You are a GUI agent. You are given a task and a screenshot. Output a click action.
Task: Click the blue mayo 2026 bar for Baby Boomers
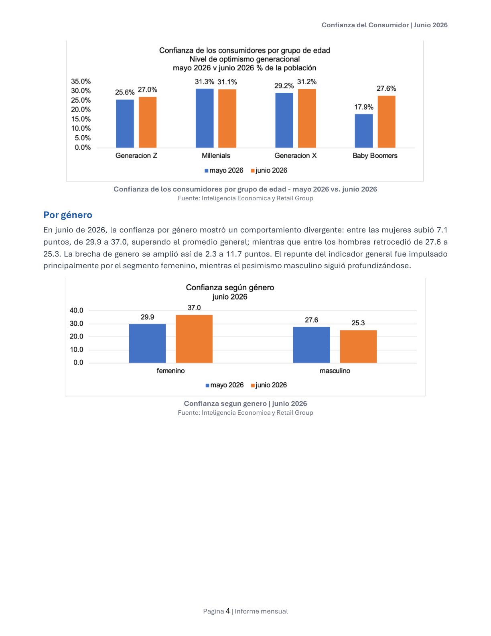coord(363,131)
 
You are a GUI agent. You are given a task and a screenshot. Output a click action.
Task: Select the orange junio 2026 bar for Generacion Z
coord(147,122)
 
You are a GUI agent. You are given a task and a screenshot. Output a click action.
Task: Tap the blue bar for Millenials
coord(205,118)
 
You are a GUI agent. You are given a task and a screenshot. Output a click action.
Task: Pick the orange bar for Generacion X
coord(307,118)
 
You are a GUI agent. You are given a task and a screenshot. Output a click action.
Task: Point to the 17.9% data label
coord(363,107)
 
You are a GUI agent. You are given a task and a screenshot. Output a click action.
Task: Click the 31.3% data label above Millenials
coord(205,82)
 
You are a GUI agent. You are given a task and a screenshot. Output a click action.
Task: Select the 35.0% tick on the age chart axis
coord(81,82)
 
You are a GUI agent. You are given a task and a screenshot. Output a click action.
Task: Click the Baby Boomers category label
coord(375,156)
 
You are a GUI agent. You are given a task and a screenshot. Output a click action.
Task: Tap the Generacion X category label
coord(295,156)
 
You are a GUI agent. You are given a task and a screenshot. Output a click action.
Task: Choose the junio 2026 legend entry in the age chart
coord(269,170)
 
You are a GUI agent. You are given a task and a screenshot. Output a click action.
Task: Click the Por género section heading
coord(68,215)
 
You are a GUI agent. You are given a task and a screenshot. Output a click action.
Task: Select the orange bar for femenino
coord(194,339)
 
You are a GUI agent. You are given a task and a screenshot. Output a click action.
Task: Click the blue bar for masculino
coord(311,345)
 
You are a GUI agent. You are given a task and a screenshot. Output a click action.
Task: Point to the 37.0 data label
coord(194,308)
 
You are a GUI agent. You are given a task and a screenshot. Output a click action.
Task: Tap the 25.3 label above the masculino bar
coord(358,323)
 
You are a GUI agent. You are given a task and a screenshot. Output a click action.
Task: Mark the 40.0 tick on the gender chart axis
coord(76,310)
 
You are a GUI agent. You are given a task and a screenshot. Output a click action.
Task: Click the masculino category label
coord(335,371)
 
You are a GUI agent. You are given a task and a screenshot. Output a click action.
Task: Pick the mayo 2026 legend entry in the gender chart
coord(225,385)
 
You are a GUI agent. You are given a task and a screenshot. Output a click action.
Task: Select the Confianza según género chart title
coord(230,287)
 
